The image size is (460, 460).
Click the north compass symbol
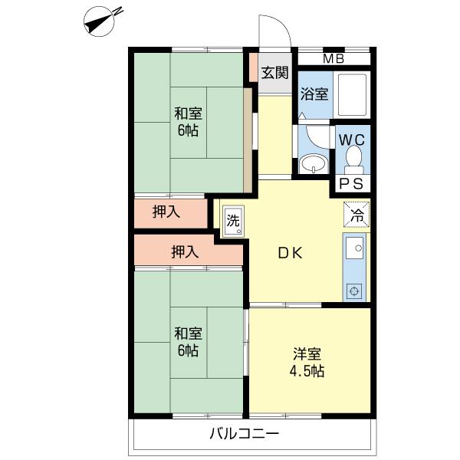[x=99, y=21]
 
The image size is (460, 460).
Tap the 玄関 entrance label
[x=275, y=73]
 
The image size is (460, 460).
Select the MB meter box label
[x=333, y=59]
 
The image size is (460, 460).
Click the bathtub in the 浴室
[x=352, y=94]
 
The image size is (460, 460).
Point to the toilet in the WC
[x=353, y=159]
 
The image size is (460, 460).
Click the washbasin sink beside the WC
[x=314, y=164]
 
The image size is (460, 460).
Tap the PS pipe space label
[x=351, y=184]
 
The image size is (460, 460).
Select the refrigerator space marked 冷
[x=356, y=215]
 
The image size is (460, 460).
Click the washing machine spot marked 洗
[x=233, y=221]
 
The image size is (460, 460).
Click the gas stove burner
[x=354, y=291]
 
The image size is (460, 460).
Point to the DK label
[x=290, y=253]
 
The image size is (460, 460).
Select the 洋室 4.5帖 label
[x=307, y=363]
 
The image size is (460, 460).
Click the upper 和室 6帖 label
[x=188, y=122]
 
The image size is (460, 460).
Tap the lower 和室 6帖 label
[x=188, y=342]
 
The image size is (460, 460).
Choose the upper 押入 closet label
[x=166, y=212]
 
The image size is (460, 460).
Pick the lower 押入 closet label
[x=185, y=251]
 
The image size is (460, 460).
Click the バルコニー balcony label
[x=244, y=433]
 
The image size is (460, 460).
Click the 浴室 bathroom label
[x=314, y=94]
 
